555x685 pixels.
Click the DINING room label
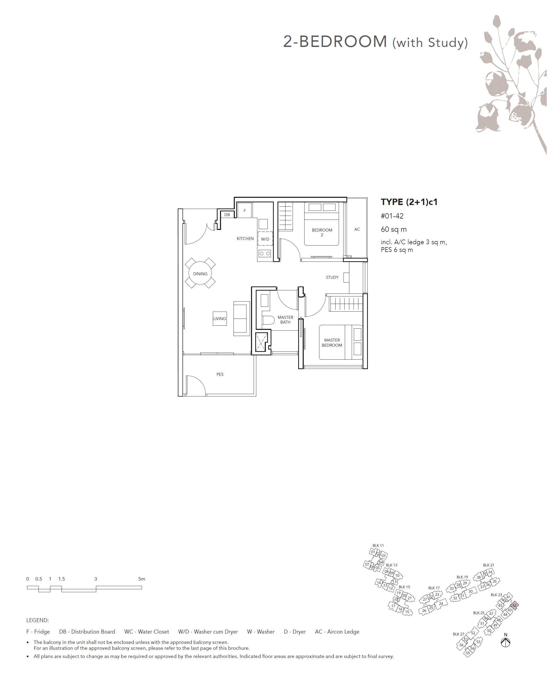(x=200, y=274)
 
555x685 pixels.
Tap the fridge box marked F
(x=245, y=210)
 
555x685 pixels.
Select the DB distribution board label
(x=227, y=215)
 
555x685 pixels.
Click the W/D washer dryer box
(x=265, y=239)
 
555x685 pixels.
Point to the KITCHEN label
(x=245, y=239)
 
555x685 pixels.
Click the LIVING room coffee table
(x=220, y=318)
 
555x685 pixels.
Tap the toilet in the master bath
(x=268, y=320)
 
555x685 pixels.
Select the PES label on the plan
(x=220, y=374)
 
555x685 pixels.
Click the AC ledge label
(x=357, y=229)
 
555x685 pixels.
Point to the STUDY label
(x=332, y=277)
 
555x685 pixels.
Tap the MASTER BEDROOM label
(x=332, y=343)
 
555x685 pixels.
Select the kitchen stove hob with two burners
(x=265, y=254)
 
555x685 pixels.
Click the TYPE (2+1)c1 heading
(x=409, y=202)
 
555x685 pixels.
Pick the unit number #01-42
(x=392, y=216)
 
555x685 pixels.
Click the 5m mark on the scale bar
(x=142, y=579)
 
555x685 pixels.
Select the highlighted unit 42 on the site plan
(x=514, y=605)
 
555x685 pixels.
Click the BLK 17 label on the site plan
(x=434, y=588)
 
